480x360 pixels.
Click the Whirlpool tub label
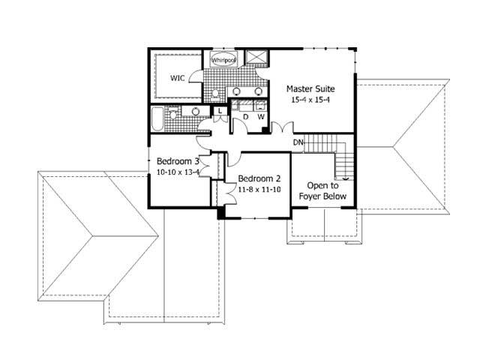point(223,60)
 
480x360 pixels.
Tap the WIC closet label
point(178,77)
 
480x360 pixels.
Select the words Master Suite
point(310,88)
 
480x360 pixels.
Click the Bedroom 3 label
point(178,161)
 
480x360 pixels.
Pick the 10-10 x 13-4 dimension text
point(178,172)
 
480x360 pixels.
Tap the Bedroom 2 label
point(259,178)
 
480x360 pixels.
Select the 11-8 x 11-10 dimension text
point(259,190)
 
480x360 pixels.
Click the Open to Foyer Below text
point(322,191)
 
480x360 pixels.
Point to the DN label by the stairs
point(298,142)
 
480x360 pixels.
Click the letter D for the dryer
point(244,118)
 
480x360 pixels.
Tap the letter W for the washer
point(261,118)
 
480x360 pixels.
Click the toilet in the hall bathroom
point(174,114)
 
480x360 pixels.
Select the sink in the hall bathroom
point(196,112)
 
